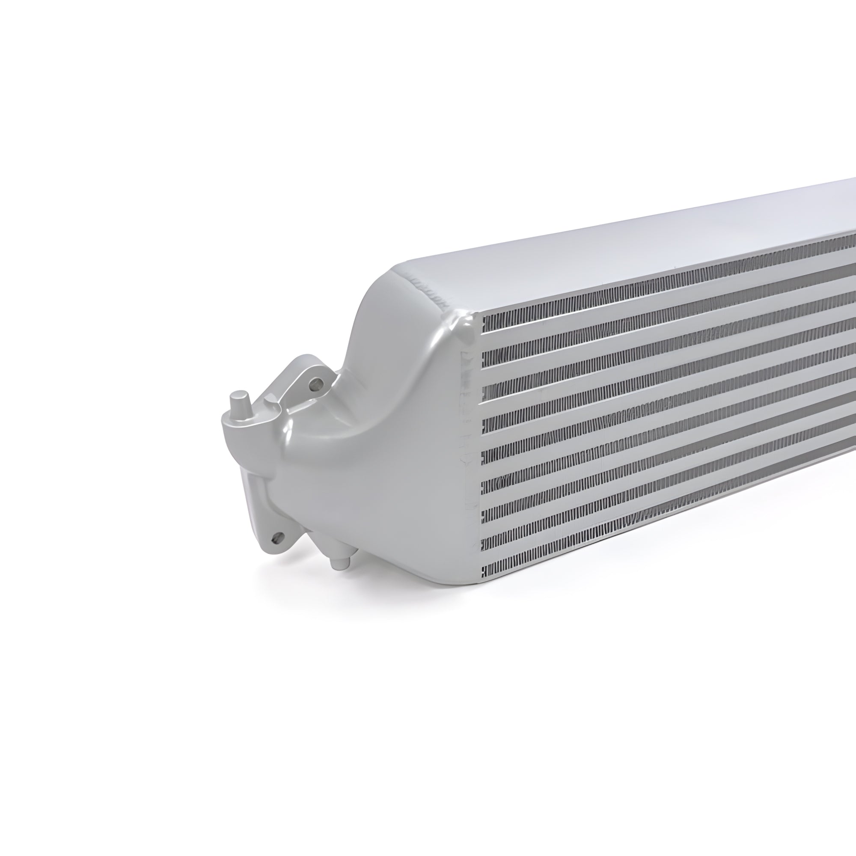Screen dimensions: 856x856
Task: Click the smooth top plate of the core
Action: pyautogui.click(x=620, y=248)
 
